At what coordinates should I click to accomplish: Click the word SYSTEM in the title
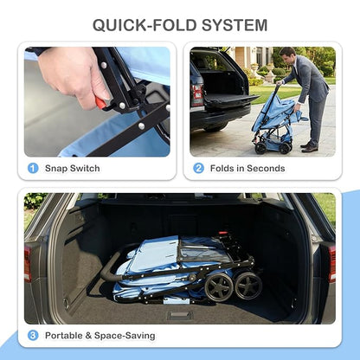pyautogui.click(x=235, y=25)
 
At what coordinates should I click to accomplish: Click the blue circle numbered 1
pyautogui.click(x=33, y=168)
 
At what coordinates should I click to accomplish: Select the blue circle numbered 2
pyautogui.click(x=198, y=168)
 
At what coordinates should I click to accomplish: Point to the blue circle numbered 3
pyautogui.click(x=33, y=336)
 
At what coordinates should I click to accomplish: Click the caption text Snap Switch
pyautogui.click(x=73, y=168)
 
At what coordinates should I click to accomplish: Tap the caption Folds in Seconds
pyautogui.click(x=247, y=168)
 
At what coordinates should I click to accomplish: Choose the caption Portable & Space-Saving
pyautogui.click(x=100, y=336)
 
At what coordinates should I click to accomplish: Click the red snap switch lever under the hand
pyautogui.click(x=101, y=103)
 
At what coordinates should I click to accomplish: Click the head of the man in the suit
pyautogui.click(x=288, y=54)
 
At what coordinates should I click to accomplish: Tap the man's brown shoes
pyautogui.click(x=309, y=147)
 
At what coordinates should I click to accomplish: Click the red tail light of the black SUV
pyautogui.click(x=198, y=95)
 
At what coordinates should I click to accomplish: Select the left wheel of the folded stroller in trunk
pyautogui.click(x=219, y=286)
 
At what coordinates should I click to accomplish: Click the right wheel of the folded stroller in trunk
pyautogui.click(x=248, y=286)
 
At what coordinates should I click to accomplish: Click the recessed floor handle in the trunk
pyautogui.click(x=180, y=315)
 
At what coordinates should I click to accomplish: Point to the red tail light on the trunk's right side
pyautogui.click(x=332, y=264)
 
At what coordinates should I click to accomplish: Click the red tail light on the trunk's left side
pyautogui.click(x=28, y=264)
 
